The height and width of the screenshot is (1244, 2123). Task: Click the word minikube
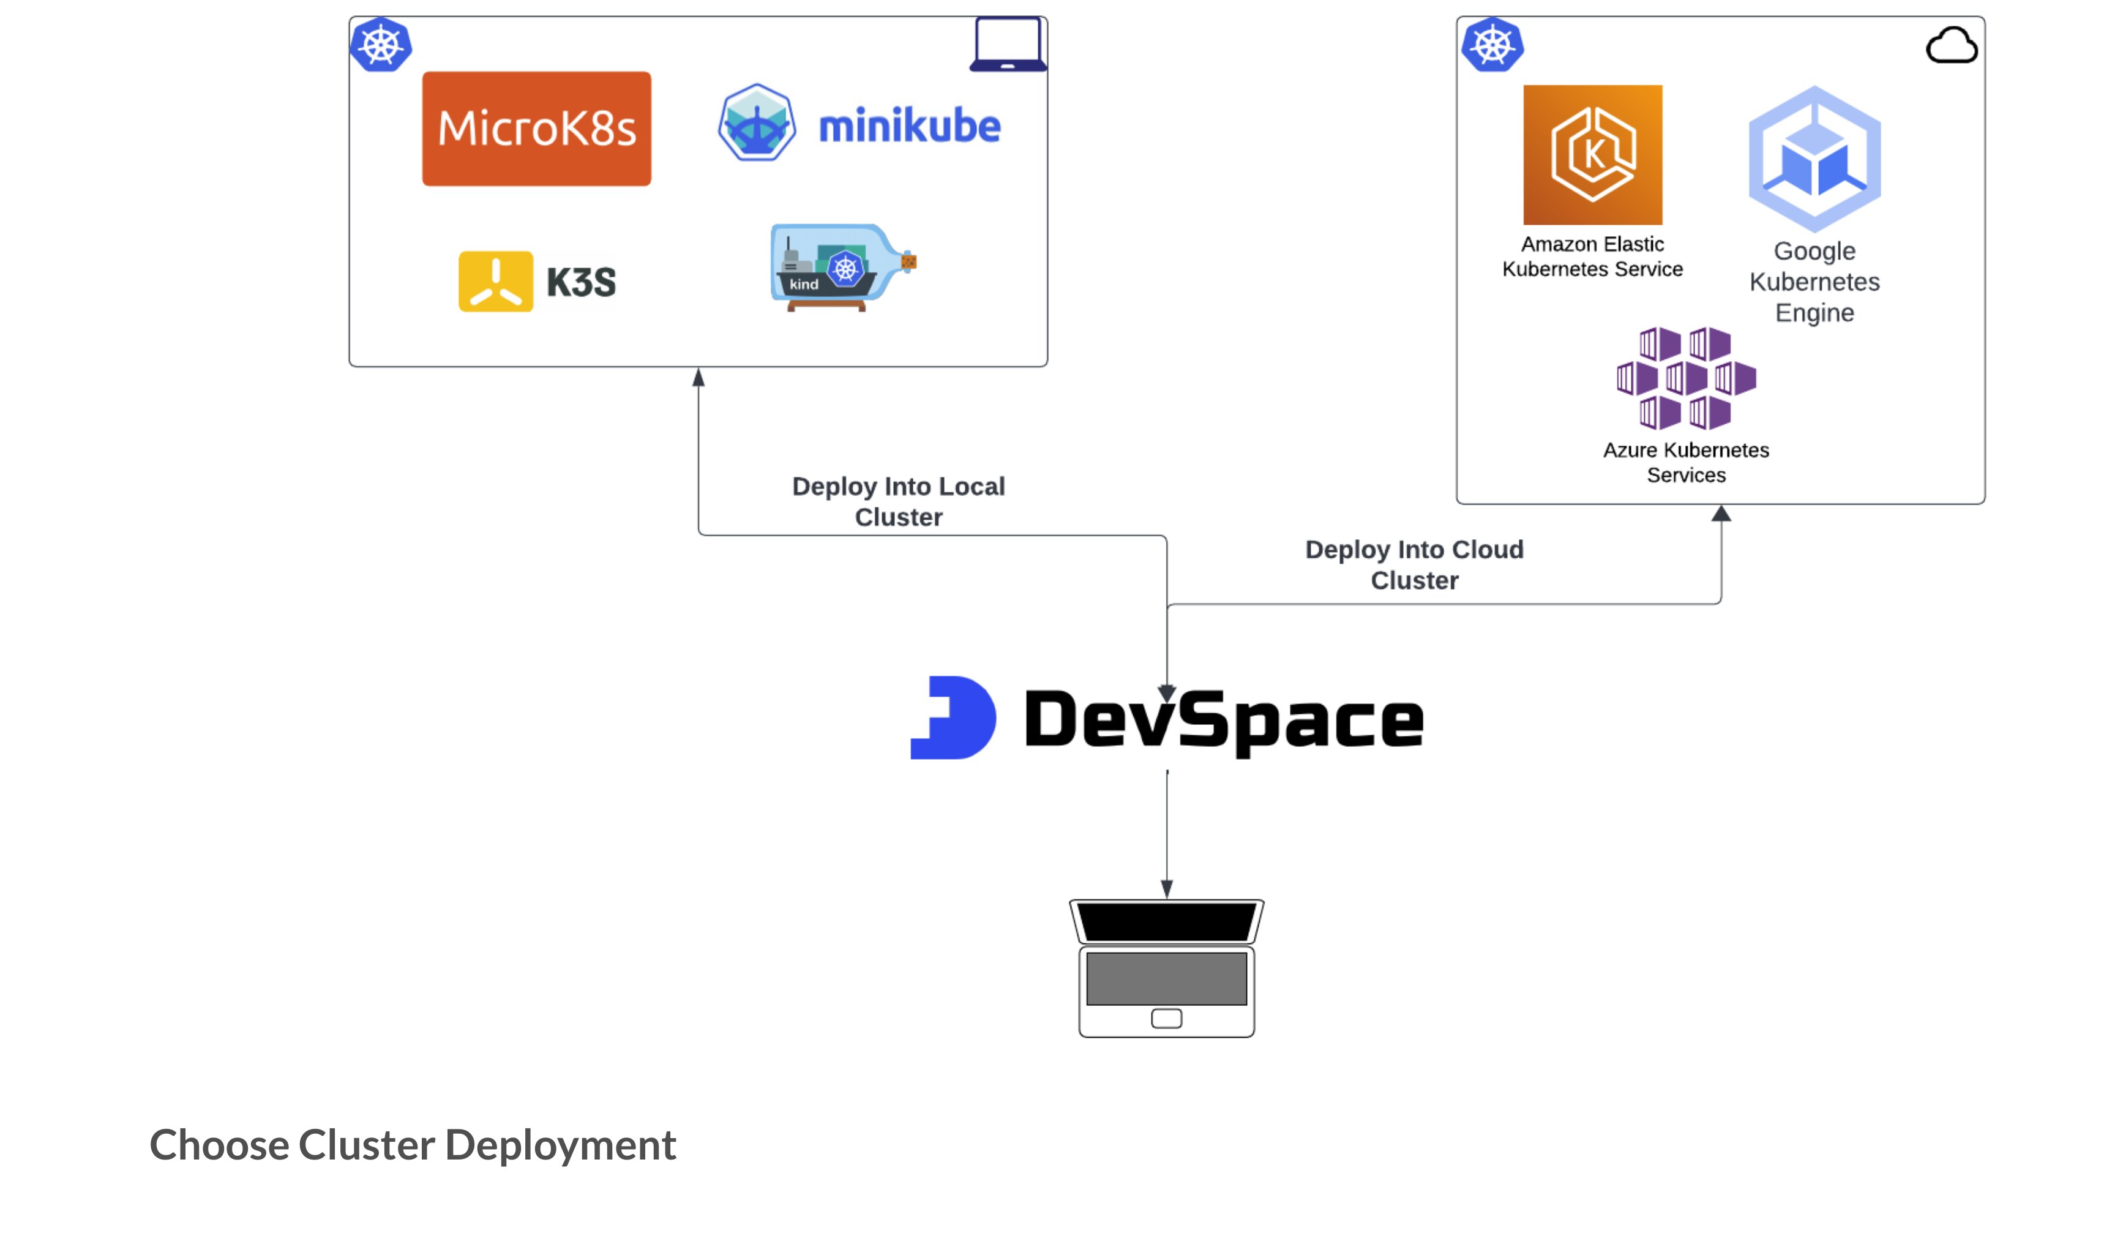[x=909, y=126]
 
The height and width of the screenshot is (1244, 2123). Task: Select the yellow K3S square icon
[x=495, y=282]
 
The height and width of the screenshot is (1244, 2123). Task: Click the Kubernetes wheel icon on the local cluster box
[x=381, y=45]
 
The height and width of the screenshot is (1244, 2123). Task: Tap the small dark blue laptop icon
[x=1008, y=44]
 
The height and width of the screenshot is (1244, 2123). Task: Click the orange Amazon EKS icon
[x=1592, y=154]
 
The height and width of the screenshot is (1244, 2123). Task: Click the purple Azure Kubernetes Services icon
[x=1686, y=378]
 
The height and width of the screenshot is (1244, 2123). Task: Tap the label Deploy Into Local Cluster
[x=898, y=501]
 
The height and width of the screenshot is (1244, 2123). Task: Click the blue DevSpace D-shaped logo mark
[x=954, y=718]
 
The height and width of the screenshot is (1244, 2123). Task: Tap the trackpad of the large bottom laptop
[x=1166, y=1018]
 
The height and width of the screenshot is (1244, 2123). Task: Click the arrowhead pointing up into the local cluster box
[x=698, y=378]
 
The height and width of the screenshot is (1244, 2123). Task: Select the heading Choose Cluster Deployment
[x=413, y=1145]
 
